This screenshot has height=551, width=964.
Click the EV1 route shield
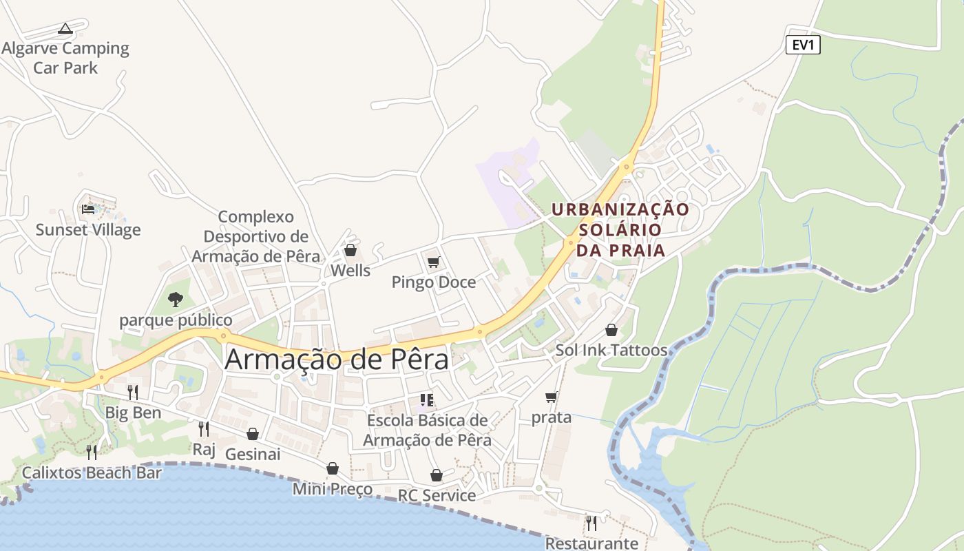[x=803, y=45]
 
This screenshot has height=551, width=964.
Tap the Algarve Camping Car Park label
[x=65, y=58]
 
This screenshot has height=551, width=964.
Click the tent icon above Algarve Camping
[x=65, y=28]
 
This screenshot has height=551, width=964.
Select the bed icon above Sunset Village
[x=88, y=209]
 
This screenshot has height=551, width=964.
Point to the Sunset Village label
[x=88, y=230]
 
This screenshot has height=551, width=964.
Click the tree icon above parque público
[x=176, y=299]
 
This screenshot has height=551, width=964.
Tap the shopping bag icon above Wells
[x=350, y=250]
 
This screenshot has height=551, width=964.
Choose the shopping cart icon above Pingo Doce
[x=433, y=262]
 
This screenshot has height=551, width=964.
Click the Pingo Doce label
[x=433, y=282]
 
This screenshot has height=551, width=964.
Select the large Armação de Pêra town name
[x=337, y=360]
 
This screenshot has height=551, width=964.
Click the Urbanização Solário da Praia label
[x=620, y=229]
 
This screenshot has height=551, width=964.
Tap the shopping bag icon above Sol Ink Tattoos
[x=611, y=331]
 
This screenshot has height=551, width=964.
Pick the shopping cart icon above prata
[x=551, y=397]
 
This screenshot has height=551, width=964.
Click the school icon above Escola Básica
[x=427, y=400]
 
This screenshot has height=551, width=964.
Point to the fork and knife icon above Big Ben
[x=133, y=393]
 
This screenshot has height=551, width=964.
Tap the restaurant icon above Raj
[x=204, y=429]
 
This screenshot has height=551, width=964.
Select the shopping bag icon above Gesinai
[x=253, y=434]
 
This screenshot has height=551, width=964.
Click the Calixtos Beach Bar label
[x=92, y=473]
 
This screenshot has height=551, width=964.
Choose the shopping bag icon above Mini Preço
[x=333, y=468]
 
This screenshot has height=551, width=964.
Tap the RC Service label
[x=437, y=495]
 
